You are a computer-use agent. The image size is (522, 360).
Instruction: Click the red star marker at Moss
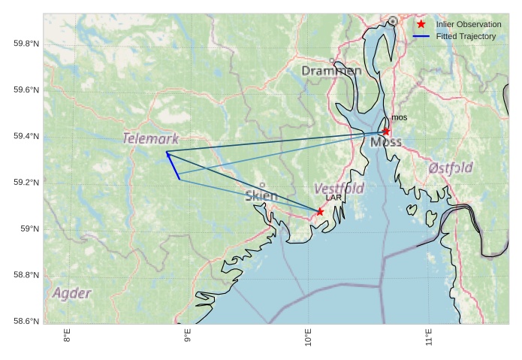pos(386,132)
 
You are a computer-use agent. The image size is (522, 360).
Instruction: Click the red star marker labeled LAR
pos(320,212)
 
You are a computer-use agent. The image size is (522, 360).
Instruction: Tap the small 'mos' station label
pos(399,118)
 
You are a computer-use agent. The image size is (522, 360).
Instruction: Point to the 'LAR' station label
pos(333,198)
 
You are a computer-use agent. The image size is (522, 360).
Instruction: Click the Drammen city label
pos(331,71)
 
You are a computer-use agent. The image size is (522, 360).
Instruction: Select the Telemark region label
pos(151,139)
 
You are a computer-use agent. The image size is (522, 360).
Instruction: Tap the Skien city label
pos(261,196)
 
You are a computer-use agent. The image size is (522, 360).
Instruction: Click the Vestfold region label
pos(339,188)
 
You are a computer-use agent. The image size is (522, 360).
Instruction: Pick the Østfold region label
pos(450,168)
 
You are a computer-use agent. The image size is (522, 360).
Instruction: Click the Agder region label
pos(72,293)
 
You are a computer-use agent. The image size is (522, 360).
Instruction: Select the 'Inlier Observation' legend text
pos(469,25)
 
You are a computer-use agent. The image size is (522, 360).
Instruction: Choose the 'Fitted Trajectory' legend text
pos(466,36)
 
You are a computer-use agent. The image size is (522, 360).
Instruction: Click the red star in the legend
pos(421,25)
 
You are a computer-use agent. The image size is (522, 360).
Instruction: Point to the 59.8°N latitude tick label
pos(26,44)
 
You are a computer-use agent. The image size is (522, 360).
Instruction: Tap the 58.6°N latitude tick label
pos(26,322)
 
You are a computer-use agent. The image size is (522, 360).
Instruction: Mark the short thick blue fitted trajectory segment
pos(173,166)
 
